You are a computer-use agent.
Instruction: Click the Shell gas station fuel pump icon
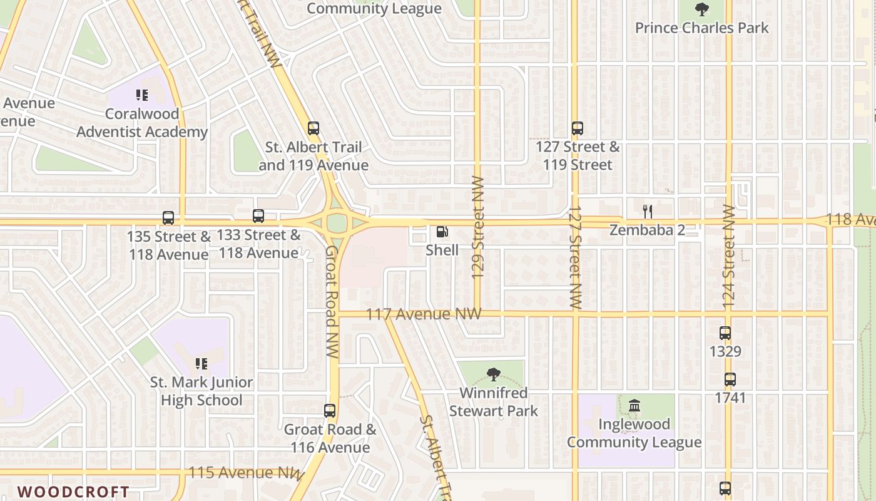tap(442, 232)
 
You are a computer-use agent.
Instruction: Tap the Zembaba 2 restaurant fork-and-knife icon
tap(648, 212)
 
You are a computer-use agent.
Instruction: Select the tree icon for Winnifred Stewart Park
tap(494, 374)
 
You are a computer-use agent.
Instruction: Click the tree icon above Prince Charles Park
tap(702, 9)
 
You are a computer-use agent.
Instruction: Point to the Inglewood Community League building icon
tap(634, 406)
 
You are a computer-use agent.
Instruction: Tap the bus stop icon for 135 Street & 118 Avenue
tap(168, 218)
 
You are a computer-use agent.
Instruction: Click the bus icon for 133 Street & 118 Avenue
tap(258, 216)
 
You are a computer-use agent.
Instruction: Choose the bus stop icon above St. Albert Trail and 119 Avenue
tap(313, 128)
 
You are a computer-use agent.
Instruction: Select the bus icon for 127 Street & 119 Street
tap(578, 128)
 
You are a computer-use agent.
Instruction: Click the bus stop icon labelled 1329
tap(725, 333)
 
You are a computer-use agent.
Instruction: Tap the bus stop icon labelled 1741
tap(730, 379)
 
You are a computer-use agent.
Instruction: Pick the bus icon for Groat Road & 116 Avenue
tap(330, 411)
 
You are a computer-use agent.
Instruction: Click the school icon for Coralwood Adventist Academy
tap(142, 95)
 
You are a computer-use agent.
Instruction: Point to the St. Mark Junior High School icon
tap(201, 363)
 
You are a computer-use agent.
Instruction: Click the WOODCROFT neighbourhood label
tap(73, 492)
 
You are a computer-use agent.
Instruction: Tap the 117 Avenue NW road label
tap(424, 314)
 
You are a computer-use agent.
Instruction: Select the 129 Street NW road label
tap(479, 226)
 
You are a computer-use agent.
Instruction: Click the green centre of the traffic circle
tap(337, 223)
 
